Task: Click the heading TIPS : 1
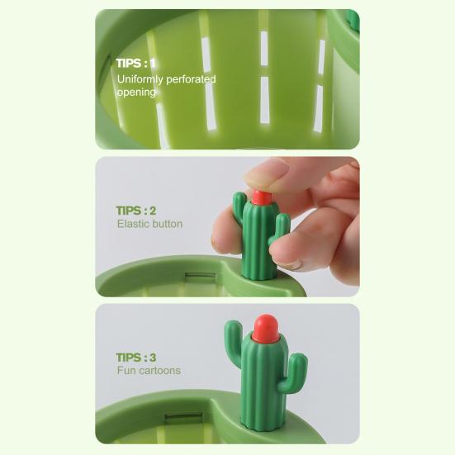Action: (135, 63)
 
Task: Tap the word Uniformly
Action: (143, 79)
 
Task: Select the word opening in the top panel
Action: (136, 92)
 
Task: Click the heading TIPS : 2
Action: (136, 211)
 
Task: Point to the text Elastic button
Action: (149, 224)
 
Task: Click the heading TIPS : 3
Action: (136, 358)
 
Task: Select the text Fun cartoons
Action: (149, 371)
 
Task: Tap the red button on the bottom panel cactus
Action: (263, 328)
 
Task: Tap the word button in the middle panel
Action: (168, 224)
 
